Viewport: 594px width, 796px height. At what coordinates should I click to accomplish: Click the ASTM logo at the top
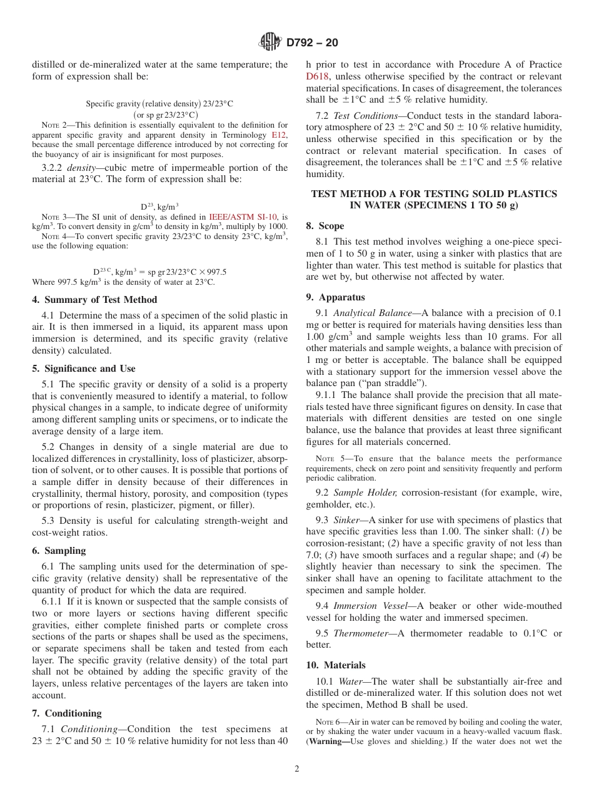(270, 43)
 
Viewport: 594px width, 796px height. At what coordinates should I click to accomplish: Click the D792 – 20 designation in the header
(311, 43)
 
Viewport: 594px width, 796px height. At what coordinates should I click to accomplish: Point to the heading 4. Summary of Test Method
(94, 300)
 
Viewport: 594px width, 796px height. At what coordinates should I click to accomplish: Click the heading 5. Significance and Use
(84, 369)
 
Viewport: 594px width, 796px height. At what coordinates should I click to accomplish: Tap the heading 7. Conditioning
(66, 713)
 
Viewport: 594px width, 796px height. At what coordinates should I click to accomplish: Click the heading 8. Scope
(325, 226)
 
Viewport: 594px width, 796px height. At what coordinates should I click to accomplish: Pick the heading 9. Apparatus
(335, 297)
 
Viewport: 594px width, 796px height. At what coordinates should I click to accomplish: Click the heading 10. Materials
(336, 665)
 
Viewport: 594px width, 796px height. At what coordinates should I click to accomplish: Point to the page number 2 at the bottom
(297, 769)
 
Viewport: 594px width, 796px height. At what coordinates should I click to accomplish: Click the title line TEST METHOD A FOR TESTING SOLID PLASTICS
(433, 194)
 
